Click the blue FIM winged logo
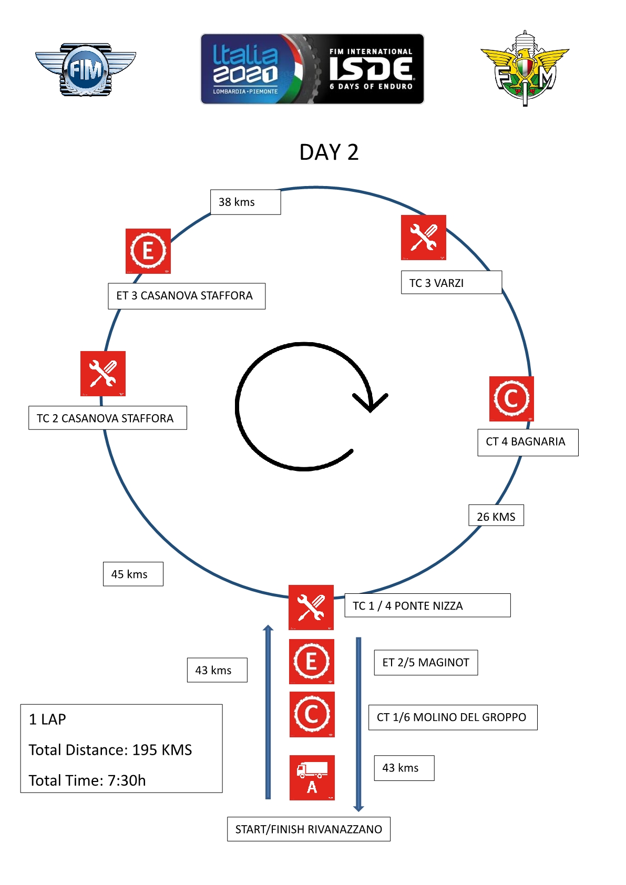click(x=85, y=69)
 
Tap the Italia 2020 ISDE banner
click(x=312, y=69)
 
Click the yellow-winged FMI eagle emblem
click(x=525, y=68)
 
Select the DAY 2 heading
click(x=329, y=152)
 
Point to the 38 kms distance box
click(x=245, y=202)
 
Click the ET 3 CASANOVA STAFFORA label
click(x=187, y=296)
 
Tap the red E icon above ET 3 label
click(x=148, y=251)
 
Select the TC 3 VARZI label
click(x=451, y=283)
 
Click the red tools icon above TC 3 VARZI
click(x=423, y=237)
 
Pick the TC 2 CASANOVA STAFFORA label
click(x=108, y=418)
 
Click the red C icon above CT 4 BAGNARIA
click(x=511, y=398)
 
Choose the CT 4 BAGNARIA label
click(x=527, y=442)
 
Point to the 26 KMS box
click(x=496, y=516)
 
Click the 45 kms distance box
click(x=133, y=574)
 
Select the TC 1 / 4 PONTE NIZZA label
click(x=427, y=605)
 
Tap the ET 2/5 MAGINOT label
click(x=426, y=662)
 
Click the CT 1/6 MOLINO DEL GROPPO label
click(x=452, y=717)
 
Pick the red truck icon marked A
click(x=312, y=777)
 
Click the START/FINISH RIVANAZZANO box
click(x=309, y=829)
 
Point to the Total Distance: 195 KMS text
click(x=110, y=750)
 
